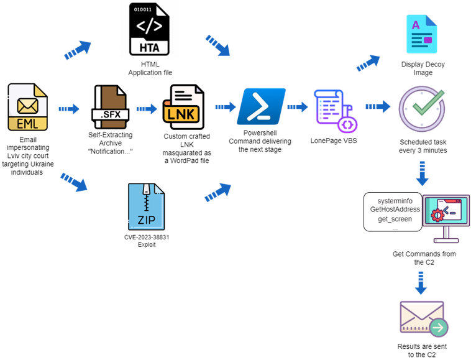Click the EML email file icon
pyautogui.click(x=27, y=107)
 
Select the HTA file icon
pyautogui.click(x=150, y=30)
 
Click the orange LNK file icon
pyautogui.click(x=183, y=107)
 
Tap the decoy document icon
pyautogui.click(x=421, y=35)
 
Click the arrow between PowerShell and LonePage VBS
pyautogui.click(x=297, y=108)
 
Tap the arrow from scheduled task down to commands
pyautogui.click(x=422, y=174)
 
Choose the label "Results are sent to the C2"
pyautogui.click(x=422, y=349)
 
